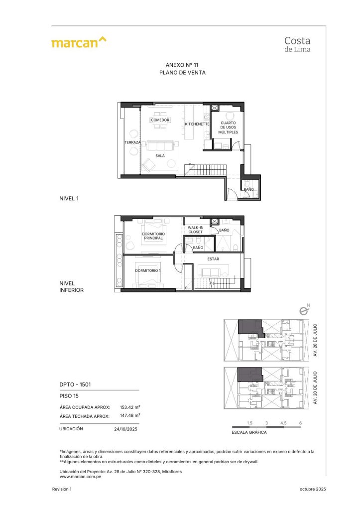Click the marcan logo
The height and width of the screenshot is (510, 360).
tap(79, 42)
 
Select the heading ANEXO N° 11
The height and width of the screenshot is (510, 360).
tap(182, 65)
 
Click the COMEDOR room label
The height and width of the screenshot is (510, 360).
tap(160, 120)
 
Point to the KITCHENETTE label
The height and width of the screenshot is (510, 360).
tap(197, 124)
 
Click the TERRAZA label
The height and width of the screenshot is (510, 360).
tap(132, 143)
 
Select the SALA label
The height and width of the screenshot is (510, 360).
tap(160, 155)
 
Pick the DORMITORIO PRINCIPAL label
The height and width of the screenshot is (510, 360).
tap(153, 236)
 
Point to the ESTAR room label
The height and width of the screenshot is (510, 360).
tap(214, 259)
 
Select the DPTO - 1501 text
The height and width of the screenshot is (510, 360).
tap(71, 384)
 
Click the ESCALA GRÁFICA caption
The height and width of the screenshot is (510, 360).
tap(249, 432)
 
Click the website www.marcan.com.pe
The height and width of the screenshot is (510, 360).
tap(77, 476)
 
